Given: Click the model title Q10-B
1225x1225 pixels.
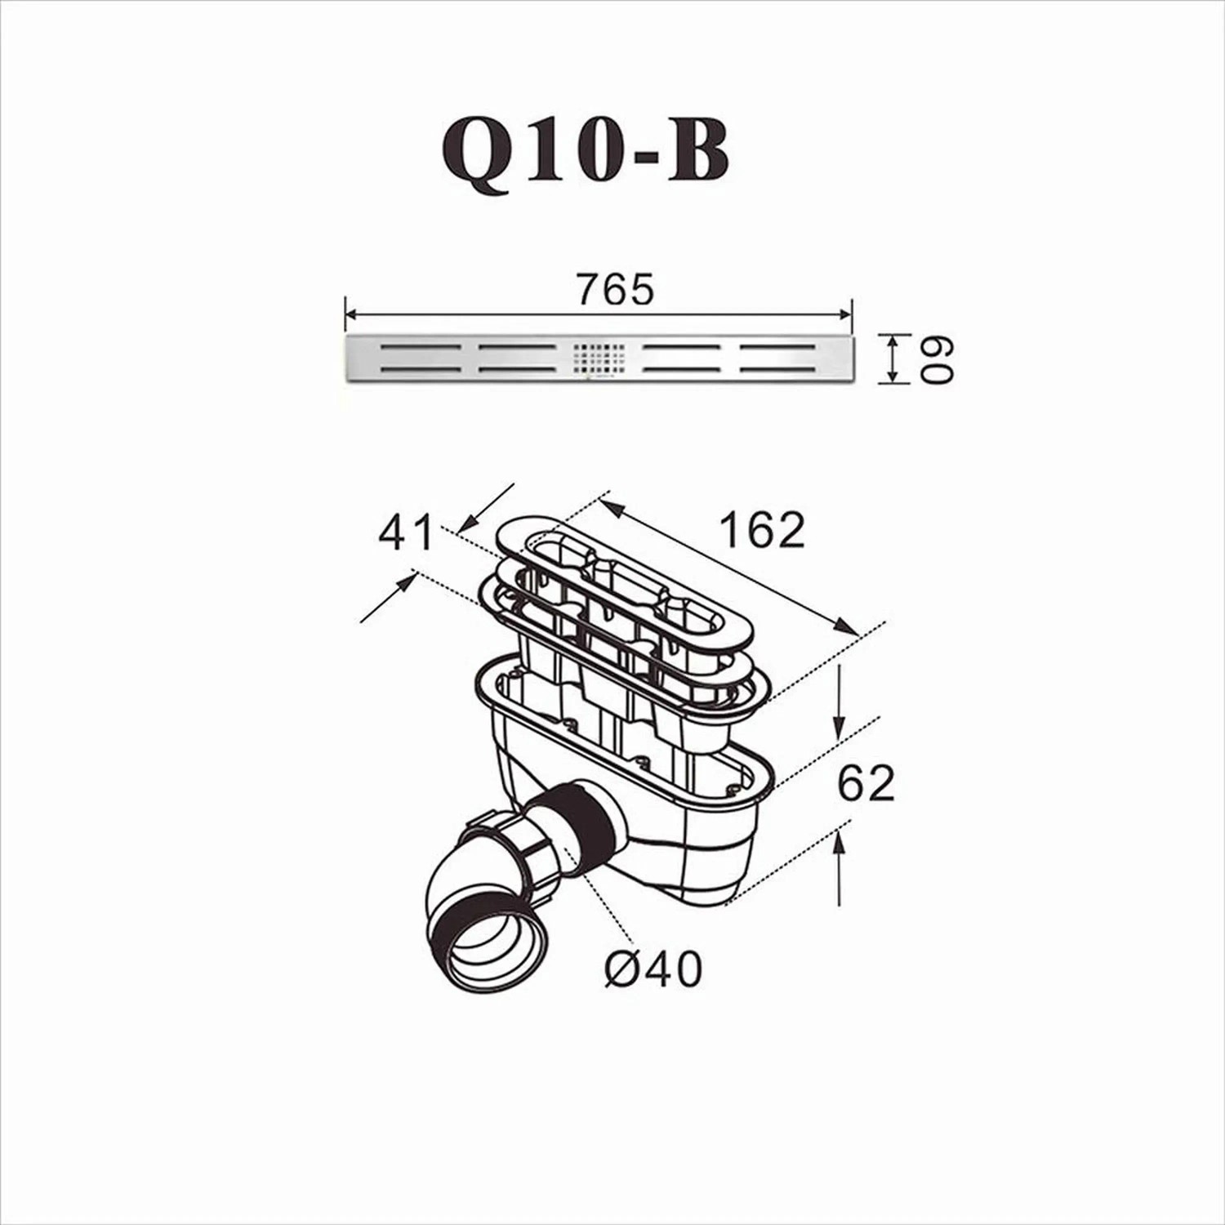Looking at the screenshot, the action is click(x=585, y=154).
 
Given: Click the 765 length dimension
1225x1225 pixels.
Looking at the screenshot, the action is click(x=615, y=290).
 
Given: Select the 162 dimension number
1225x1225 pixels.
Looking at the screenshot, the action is click(x=762, y=530).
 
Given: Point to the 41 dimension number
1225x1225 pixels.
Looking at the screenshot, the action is click(x=407, y=534).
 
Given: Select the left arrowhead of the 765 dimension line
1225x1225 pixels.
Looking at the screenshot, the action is click(x=352, y=314).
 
